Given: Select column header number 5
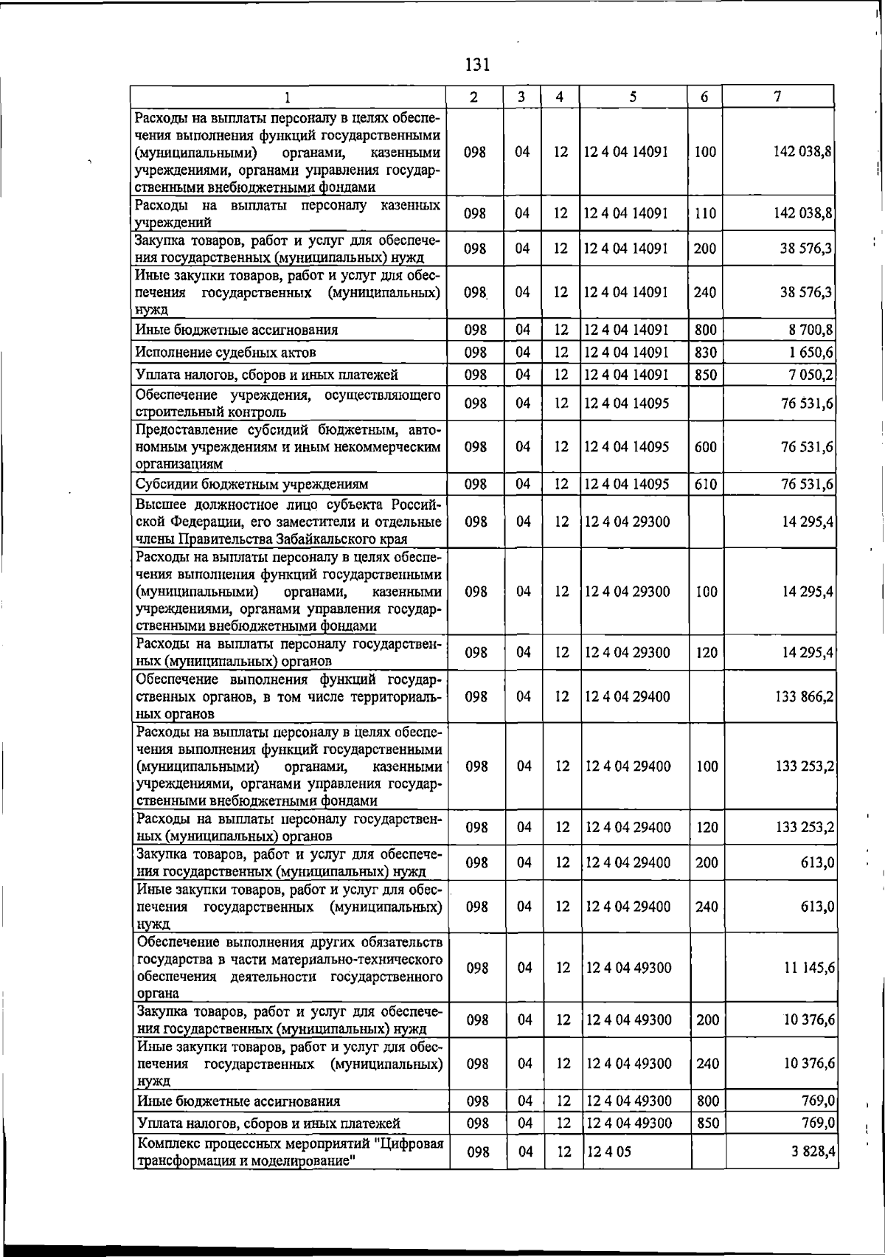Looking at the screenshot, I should tap(633, 97).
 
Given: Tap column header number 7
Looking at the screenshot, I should tap(777, 97).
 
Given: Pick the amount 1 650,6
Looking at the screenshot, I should tap(811, 353).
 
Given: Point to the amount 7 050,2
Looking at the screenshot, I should tap(810, 375).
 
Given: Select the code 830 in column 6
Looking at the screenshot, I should tap(705, 353).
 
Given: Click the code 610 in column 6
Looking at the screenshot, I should tap(705, 485).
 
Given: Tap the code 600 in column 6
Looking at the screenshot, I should tap(705, 447).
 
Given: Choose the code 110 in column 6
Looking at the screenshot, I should tap(705, 214).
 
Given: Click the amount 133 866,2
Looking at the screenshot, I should tap(805, 696).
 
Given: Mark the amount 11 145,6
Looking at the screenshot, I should tap(808, 968).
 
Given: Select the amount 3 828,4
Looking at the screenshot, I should tap(811, 1152).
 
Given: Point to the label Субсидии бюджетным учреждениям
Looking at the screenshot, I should tap(251, 485).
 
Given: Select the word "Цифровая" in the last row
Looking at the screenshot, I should tap(410, 1144).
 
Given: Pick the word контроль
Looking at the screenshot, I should tap(254, 412).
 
